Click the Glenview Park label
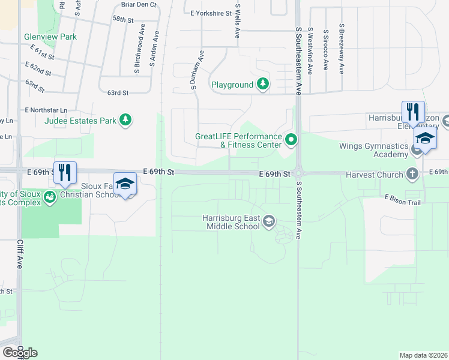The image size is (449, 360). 50,37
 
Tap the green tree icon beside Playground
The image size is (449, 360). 262,85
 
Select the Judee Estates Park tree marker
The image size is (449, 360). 125,121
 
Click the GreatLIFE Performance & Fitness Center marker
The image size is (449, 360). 291,140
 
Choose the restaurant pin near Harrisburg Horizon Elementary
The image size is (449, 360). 413,112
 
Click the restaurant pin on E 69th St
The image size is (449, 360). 65,172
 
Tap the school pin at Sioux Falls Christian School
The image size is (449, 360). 125,184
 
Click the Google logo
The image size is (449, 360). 20,353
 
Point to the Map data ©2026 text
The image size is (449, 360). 423,355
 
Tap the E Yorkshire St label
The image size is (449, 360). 210,13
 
